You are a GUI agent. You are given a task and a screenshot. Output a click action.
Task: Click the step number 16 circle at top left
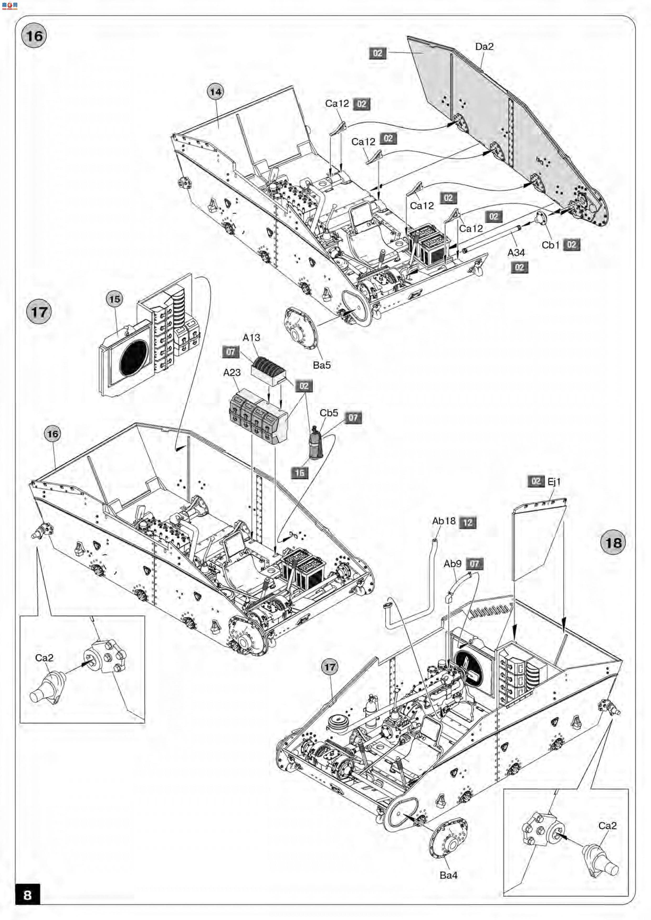34,36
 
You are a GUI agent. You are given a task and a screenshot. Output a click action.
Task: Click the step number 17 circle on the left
39,312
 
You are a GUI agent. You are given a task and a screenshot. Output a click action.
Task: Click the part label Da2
484,46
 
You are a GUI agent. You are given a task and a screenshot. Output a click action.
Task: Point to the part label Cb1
550,245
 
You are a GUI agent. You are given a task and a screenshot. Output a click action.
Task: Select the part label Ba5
322,365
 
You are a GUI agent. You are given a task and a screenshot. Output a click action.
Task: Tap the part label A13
251,338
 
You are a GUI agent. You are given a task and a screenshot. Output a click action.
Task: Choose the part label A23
232,373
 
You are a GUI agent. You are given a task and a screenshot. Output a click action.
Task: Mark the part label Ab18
444,521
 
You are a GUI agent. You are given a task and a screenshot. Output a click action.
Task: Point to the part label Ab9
453,564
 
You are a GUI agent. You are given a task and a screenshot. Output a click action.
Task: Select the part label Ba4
448,875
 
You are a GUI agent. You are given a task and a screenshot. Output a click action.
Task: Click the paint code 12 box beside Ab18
468,522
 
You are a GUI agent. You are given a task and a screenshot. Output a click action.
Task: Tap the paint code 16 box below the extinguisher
300,473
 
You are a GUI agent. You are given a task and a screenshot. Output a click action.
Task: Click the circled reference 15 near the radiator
114,299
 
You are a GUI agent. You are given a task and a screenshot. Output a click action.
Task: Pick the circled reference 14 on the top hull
216,92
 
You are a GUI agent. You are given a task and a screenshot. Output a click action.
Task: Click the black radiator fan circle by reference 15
133,358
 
